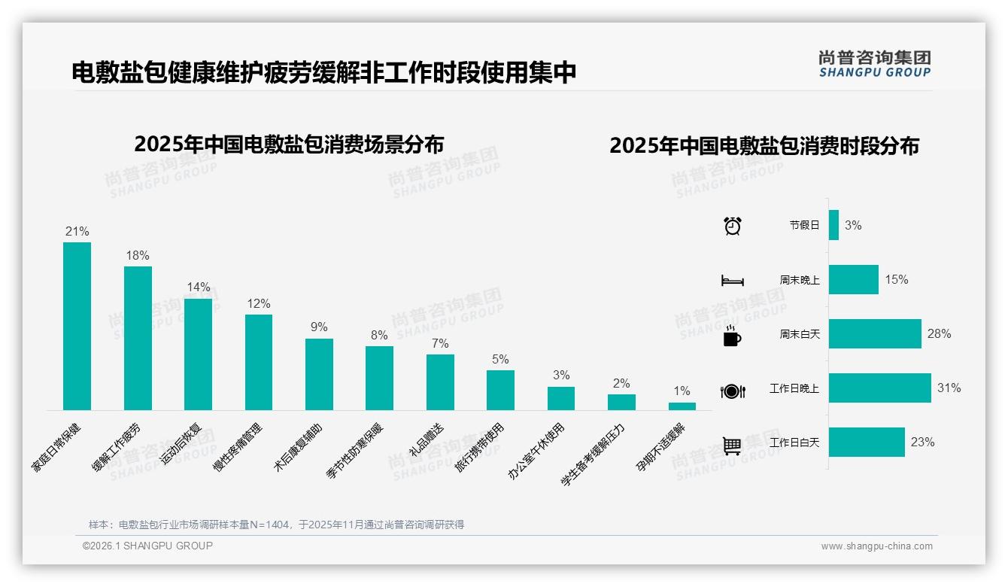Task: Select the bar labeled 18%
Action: [138, 338]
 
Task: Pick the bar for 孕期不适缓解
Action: [682, 406]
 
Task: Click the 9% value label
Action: [319, 327]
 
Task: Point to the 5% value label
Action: [500, 359]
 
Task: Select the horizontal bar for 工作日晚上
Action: [879, 388]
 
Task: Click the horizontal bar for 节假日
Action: [833, 225]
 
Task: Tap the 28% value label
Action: [939, 333]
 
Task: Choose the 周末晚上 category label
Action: [799, 280]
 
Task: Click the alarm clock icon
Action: [732, 226]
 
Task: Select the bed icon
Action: [732, 281]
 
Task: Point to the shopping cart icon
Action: [732, 446]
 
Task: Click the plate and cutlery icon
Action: [732, 391]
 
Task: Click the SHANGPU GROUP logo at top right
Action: [874, 63]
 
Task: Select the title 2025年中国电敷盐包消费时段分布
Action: [764, 146]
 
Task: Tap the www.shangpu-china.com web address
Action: [876, 546]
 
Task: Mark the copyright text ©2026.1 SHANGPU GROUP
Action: [147, 546]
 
